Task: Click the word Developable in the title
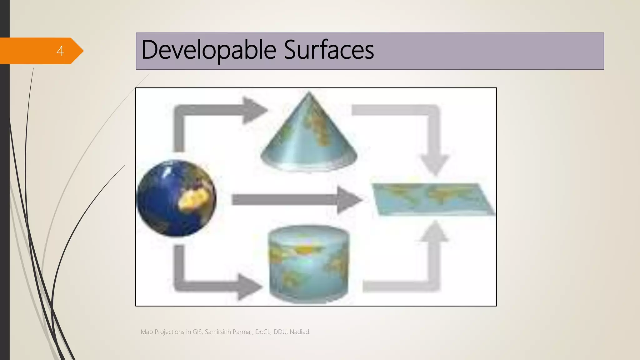(x=209, y=50)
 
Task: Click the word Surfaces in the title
(x=329, y=50)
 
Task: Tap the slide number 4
(x=60, y=51)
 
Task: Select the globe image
(x=176, y=198)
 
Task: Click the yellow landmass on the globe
(x=193, y=199)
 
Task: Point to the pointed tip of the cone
(x=309, y=93)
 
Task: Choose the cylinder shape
(x=309, y=264)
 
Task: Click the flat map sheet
(x=433, y=199)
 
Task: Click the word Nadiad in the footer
(x=300, y=332)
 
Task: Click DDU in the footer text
(x=280, y=332)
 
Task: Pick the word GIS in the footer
(x=197, y=332)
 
